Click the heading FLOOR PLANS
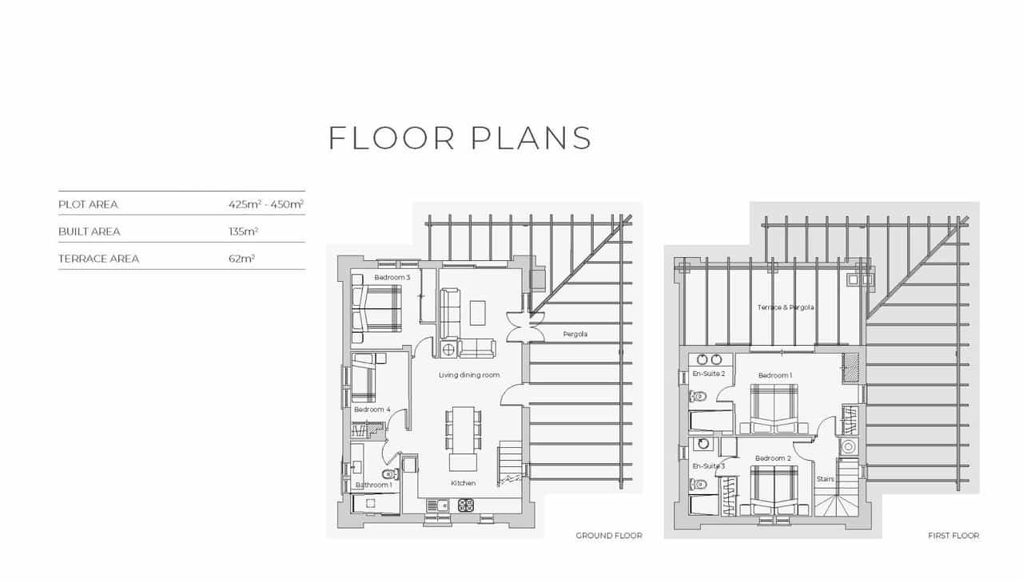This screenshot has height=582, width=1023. click(x=460, y=137)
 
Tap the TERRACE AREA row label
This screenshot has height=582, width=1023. click(x=98, y=259)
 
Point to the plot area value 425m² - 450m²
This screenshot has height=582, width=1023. click(x=265, y=204)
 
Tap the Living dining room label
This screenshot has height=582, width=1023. click(x=469, y=374)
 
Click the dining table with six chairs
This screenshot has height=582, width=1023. click(x=464, y=430)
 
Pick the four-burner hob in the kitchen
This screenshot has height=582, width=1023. click(x=465, y=505)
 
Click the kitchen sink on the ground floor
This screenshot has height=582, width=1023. click(x=436, y=505)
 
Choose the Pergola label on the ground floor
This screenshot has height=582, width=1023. click(x=575, y=334)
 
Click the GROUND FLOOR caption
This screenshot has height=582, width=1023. click(x=608, y=536)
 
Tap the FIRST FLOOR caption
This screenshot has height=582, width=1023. click(x=953, y=536)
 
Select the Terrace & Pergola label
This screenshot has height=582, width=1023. click(x=786, y=307)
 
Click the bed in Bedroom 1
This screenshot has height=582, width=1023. click(x=772, y=406)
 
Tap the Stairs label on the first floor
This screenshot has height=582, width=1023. click(x=825, y=479)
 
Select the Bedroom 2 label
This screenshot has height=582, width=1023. click(x=773, y=458)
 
